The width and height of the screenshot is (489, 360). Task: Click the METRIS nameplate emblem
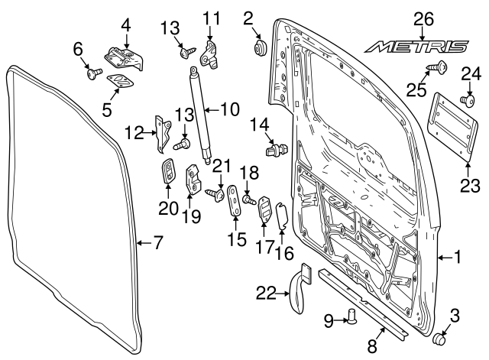(416, 47)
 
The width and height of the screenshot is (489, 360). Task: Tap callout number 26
(423, 18)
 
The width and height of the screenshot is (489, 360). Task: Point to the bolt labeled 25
(442, 69)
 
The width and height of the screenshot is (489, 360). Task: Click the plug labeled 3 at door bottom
(439, 340)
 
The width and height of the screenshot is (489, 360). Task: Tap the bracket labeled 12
(164, 130)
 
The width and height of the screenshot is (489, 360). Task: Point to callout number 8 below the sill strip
(372, 346)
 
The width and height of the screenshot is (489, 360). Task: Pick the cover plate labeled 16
(280, 216)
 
